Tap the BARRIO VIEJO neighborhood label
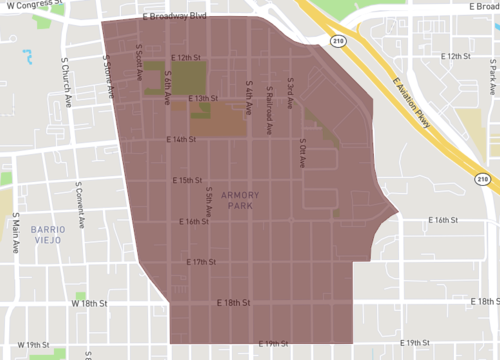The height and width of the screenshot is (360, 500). [45, 234]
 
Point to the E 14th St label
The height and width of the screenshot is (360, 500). [182, 140]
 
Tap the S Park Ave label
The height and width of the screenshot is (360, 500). [492, 73]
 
